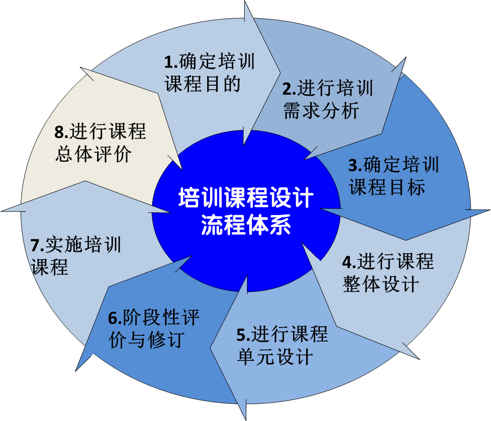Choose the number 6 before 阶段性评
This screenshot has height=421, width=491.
(113, 318)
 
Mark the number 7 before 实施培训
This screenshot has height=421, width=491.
(35, 246)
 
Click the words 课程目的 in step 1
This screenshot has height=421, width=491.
(203, 84)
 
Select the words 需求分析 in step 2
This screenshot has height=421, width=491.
(322, 111)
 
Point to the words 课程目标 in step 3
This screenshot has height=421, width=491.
(387, 187)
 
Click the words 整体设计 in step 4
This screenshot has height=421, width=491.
(381, 285)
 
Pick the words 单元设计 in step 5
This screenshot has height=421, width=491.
(275, 357)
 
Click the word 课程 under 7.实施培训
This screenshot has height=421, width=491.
(50, 267)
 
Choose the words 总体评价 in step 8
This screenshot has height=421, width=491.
(93, 154)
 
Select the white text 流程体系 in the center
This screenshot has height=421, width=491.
(246, 226)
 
